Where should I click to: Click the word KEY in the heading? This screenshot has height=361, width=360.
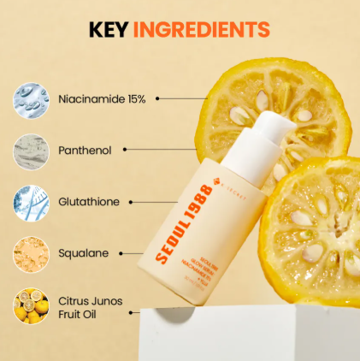pyautogui.click(x=109, y=31)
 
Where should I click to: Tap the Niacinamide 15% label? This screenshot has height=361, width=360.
pyautogui.click(x=103, y=98)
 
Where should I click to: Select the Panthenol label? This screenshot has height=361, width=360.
pyautogui.click(x=85, y=150)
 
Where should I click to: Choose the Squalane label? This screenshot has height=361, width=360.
pyautogui.click(x=83, y=253)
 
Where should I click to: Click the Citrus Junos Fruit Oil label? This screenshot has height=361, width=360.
pyautogui.click(x=91, y=306)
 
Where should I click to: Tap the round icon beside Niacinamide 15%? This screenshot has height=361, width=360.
pyautogui.click(x=31, y=98)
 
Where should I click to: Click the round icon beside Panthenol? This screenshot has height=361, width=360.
pyautogui.click(x=31, y=150)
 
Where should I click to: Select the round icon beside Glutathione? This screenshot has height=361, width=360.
pyautogui.click(x=31, y=202)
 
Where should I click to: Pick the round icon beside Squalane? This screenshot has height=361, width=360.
pyautogui.click(x=31, y=253)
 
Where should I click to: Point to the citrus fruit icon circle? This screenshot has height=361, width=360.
pyautogui.click(x=31, y=305)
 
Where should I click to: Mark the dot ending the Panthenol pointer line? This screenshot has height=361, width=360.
pyautogui.click(x=126, y=150)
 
